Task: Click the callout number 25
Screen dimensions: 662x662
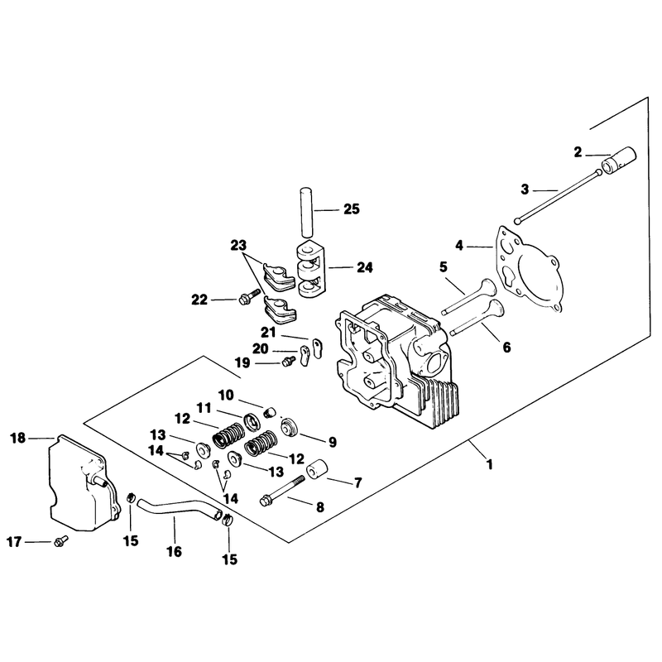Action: [x=351, y=209]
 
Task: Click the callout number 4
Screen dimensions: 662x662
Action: [x=459, y=245]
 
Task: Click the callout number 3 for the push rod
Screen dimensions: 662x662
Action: [x=525, y=189]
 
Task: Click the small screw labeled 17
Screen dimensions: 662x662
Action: [x=60, y=541]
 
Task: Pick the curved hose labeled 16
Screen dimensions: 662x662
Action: [x=177, y=507]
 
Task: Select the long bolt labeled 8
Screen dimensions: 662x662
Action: [x=282, y=491]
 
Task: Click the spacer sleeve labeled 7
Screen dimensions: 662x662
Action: [x=316, y=470]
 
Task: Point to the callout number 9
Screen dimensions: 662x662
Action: [x=333, y=442]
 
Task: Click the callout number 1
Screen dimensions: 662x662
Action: [x=490, y=464]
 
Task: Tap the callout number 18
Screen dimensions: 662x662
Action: [x=17, y=439]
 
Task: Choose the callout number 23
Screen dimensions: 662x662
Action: [x=238, y=245]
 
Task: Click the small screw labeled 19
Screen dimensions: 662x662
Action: [x=289, y=361]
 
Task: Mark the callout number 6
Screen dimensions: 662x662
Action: [x=506, y=347]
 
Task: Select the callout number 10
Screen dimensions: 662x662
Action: [x=226, y=396]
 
